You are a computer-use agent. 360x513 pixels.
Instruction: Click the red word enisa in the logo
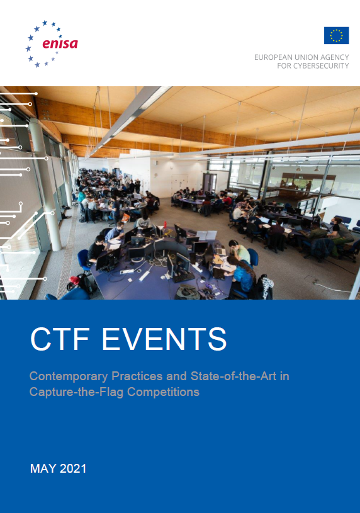[x=60, y=44]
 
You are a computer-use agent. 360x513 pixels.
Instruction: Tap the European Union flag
[x=337, y=35]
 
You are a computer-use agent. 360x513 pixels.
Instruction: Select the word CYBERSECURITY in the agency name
[x=321, y=65]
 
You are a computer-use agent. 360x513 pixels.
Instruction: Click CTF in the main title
[x=60, y=339]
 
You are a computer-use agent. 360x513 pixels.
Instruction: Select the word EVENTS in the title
[x=164, y=339]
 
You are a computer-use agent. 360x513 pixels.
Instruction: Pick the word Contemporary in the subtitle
[x=69, y=376]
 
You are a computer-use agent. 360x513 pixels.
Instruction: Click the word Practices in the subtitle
[x=137, y=376]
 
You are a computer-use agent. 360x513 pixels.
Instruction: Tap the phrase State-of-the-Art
[x=233, y=376]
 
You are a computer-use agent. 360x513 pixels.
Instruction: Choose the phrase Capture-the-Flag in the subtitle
[x=76, y=392]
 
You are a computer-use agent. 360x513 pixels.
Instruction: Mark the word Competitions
[x=163, y=392]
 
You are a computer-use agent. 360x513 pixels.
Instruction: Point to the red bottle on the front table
[x=166, y=225]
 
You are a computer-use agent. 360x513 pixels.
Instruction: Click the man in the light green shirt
[x=239, y=251]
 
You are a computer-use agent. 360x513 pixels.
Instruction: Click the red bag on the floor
[x=74, y=280]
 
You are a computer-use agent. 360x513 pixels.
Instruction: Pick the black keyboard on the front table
[x=184, y=278]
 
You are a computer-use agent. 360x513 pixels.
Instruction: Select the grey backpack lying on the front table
[x=188, y=292]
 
